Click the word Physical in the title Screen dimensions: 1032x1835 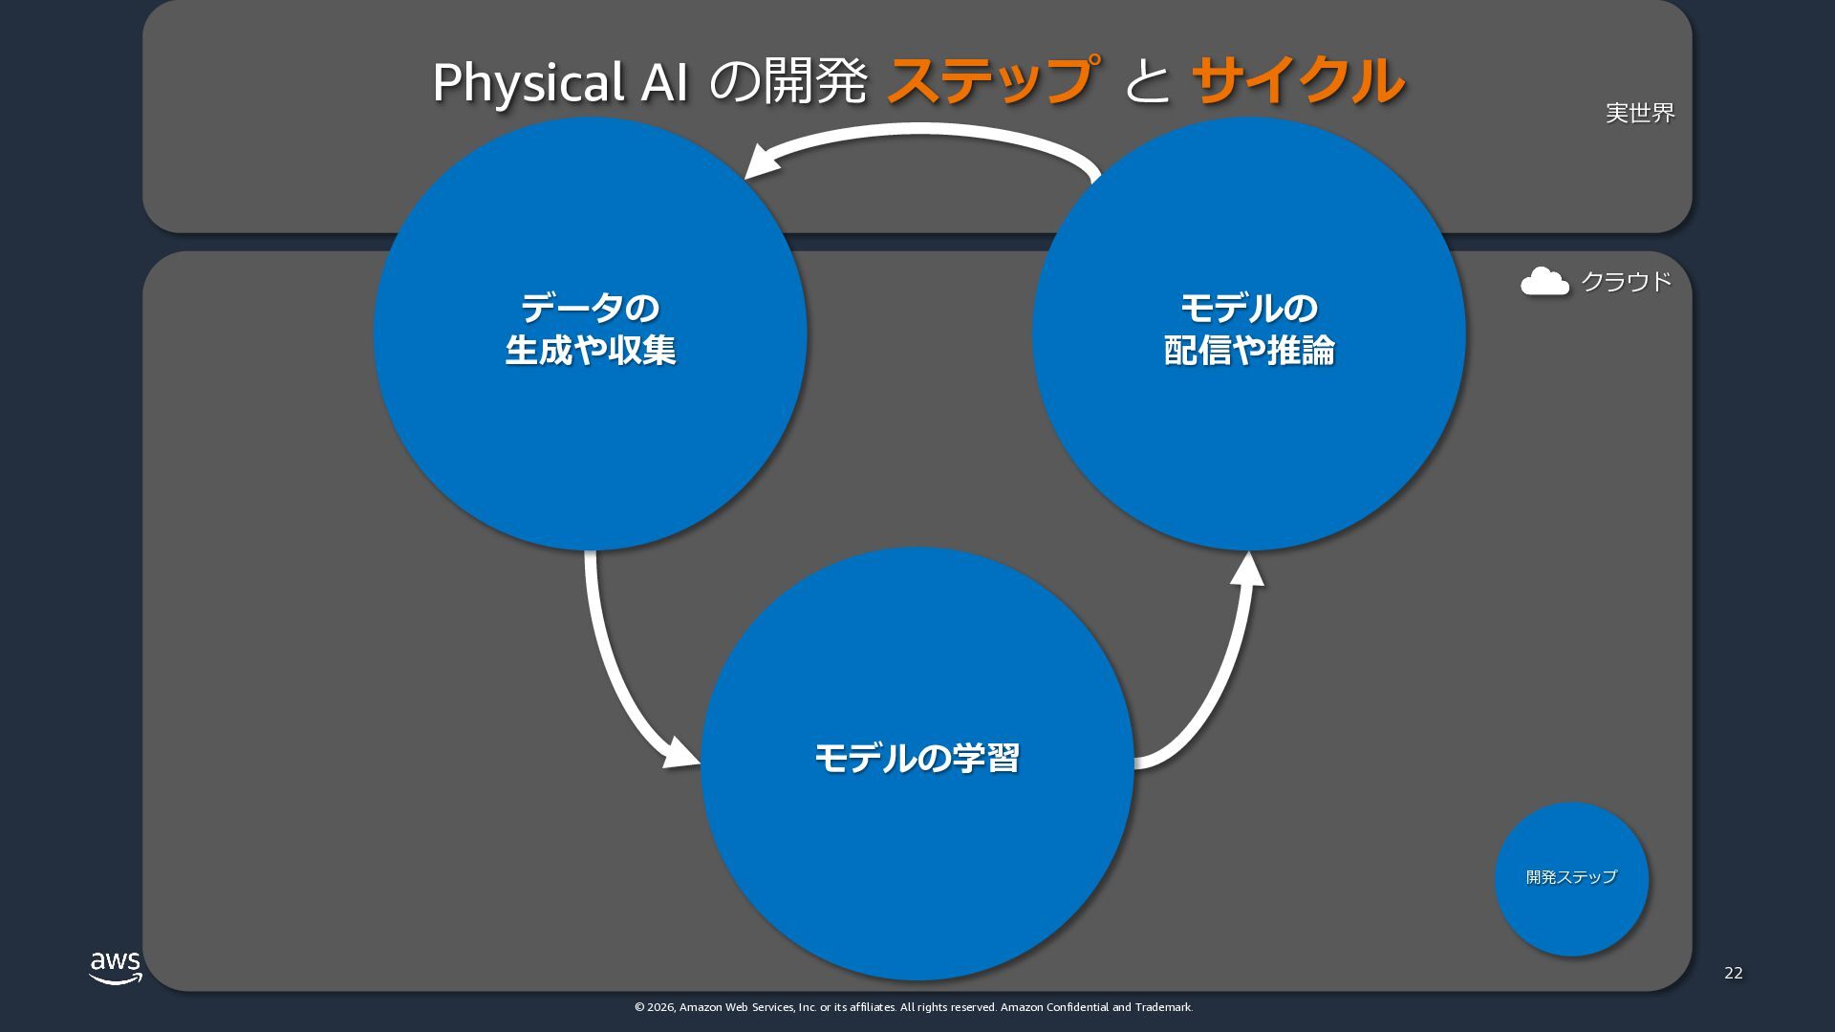(x=528, y=83)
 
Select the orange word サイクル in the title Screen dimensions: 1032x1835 (x=1298, y=80)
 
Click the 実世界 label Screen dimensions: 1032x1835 (x=1640, y=113)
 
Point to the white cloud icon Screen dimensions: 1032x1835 (x=1544, y=282)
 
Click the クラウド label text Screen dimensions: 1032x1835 (x=1626, y=282)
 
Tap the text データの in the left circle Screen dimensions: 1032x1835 (x=590, y=309)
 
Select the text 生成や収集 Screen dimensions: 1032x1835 (x=590, y=351)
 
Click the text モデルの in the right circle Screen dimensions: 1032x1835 (x=1249, y=309)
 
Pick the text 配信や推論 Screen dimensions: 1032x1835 (x=1249, y=351)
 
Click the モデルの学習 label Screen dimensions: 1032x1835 (x=917, y=758)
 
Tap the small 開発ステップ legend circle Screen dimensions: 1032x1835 (x=1571, y=878)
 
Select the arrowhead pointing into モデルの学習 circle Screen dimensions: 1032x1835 (x=680, y=753)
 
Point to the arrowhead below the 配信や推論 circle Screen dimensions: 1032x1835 (x=1247, y=570)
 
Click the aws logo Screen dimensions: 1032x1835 (x=116, y=967)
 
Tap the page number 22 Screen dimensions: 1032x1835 (x=1733, y=973)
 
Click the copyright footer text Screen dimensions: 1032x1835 (x=913, y=1007)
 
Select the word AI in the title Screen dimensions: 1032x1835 (x=664, y=83)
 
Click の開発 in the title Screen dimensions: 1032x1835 (x=788, y=81)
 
